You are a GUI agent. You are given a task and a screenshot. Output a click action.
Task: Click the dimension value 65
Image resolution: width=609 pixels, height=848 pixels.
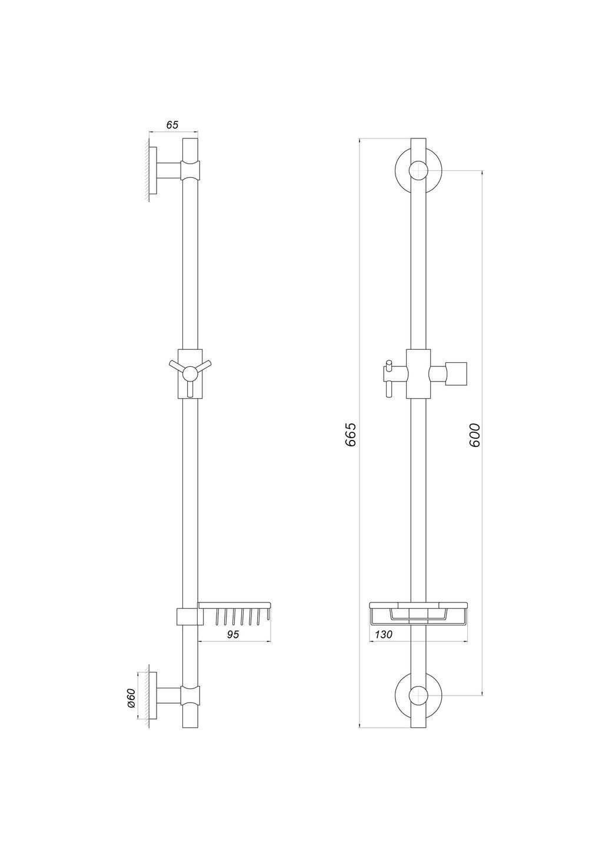coord(172,125)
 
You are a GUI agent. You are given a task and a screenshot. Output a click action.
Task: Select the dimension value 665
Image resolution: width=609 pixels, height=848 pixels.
coord(351,434)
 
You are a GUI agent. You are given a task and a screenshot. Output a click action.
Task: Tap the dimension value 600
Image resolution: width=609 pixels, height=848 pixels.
coord(475,434)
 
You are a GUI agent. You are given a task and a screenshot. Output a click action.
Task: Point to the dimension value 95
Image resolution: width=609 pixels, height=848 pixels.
coord(234,634)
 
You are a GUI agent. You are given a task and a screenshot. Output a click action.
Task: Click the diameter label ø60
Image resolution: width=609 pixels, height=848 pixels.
coord(131,698)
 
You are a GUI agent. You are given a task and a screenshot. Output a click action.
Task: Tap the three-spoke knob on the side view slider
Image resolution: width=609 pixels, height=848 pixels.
coord(191,373)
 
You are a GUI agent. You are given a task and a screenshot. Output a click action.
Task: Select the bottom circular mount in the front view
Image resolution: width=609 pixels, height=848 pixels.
coord(417,695)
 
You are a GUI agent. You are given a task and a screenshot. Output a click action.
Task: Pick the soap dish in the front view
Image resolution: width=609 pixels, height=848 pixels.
coord(418,612)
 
